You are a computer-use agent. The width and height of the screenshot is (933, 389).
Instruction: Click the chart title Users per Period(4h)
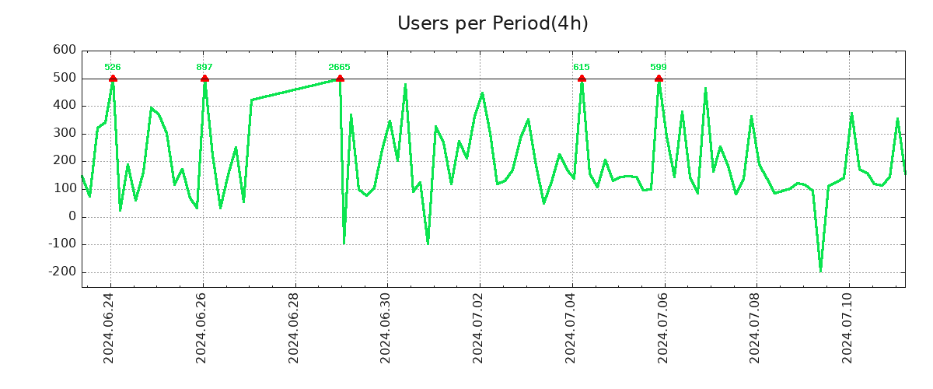(492, 24)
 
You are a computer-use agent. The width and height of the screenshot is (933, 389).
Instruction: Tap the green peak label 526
(113, 68)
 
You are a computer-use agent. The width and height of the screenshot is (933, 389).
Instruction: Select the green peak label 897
(204, 68)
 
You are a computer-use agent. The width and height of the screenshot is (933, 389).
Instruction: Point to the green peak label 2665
(339, 68)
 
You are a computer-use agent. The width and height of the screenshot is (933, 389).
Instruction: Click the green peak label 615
(582, 68)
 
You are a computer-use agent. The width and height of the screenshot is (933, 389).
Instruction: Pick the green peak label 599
(659, 68)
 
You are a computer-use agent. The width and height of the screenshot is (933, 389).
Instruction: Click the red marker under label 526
(113, 79)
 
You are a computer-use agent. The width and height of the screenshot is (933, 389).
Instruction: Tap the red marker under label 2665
(340, 79)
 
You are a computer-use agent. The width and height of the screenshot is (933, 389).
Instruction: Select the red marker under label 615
(582, 79)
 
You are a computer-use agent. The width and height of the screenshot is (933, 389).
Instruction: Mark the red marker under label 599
(659, 79)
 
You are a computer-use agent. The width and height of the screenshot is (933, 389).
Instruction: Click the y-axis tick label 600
(65, 51)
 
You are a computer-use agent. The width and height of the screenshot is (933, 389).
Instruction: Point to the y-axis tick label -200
(62, 272)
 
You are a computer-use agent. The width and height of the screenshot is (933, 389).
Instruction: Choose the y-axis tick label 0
(72, 217)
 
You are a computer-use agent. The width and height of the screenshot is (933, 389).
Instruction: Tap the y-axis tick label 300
(65, 134)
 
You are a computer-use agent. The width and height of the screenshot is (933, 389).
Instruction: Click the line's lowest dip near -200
(820, 270)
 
